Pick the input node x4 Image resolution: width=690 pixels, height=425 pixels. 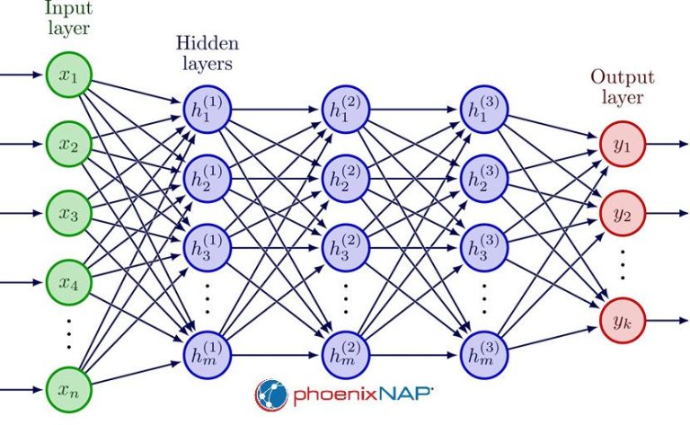tap(69, 283)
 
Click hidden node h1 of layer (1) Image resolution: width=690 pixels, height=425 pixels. tap(207, 110)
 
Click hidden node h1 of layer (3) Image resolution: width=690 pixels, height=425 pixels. tap(483, 110)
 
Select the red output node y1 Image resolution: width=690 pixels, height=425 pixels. tap(621, 144)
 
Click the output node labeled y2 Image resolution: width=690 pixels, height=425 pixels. tap(621, 214)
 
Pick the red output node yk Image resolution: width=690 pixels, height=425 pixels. tap(621, 318)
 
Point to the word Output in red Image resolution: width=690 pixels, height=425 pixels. tap(620, 77)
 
